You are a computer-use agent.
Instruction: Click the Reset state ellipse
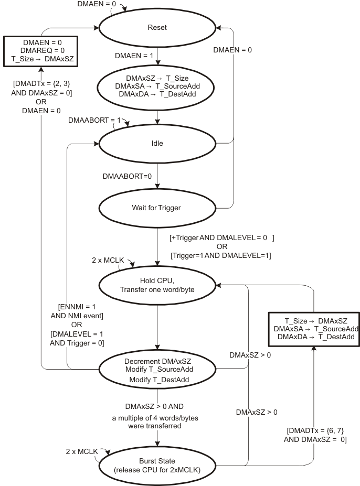[x=157, y=28]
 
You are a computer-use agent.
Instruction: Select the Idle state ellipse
[x=157, y=144]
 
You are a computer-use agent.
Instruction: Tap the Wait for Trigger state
[x=157, y=207]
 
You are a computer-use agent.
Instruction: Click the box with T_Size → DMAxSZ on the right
[x=313, y=329]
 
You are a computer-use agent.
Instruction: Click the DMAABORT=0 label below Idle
[x=127, y=176]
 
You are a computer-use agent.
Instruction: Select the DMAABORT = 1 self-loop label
[x=90, y=120]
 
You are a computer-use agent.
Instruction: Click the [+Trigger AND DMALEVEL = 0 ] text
[x=222, y=237]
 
